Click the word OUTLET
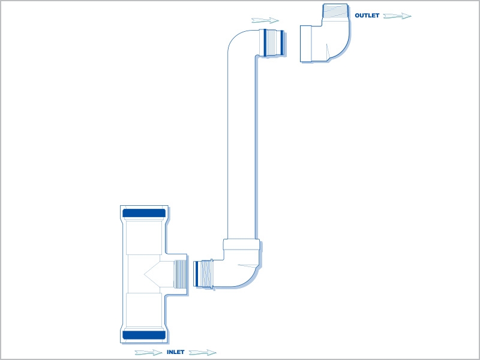[x=367, y=16]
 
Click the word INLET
[x=175, y=352]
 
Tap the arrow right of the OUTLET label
[x=397, y=16]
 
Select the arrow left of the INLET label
[x=148, y=352]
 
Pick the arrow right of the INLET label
[x=203, y=352]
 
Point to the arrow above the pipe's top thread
[x=265, y=20]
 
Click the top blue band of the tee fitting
[x=144, y=213]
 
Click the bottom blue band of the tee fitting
[x=144, y=335]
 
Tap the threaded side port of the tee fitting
[x=179, y=274]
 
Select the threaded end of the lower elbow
[x=203, y=274]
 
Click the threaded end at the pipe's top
[x=272, y=43]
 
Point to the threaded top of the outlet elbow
[x=335, y=11]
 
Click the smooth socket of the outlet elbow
[x=306, y=44]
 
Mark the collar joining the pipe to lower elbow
[x=241, y=245]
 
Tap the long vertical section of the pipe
[x=241, y=147]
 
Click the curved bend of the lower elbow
[x=242, y=269]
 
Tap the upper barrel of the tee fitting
[x=144, y=236]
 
